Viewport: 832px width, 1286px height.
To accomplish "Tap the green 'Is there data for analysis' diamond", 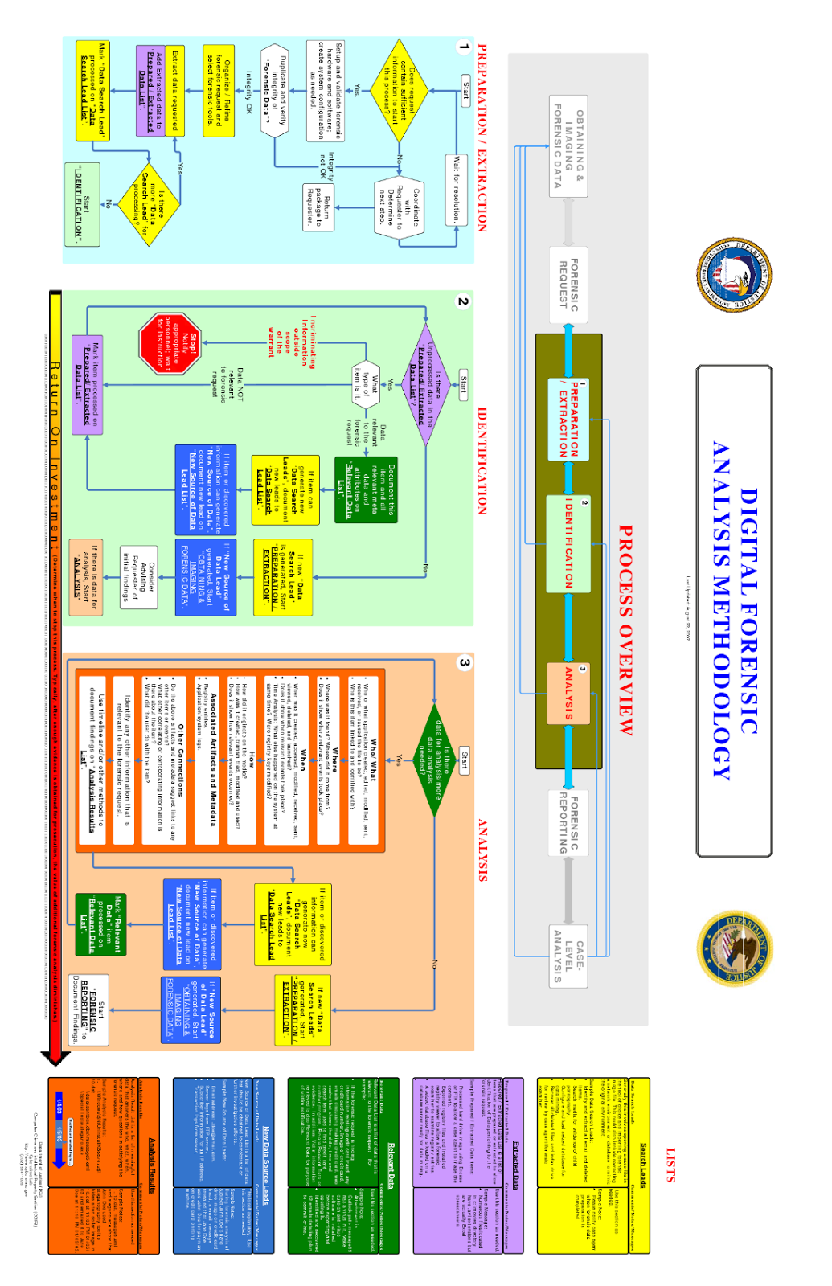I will click(x=434, y=760).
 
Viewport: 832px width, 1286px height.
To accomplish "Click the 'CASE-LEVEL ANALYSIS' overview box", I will click(x=568, y=954).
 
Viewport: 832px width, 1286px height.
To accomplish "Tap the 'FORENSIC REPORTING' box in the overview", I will click(x=568, y=820).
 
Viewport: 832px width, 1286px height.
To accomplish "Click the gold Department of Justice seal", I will click(x=736, y=949).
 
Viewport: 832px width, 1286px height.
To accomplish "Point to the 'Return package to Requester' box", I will click(x=318, y=206).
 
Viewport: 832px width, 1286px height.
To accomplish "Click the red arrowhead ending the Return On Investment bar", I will click(x=55, y=1057).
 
